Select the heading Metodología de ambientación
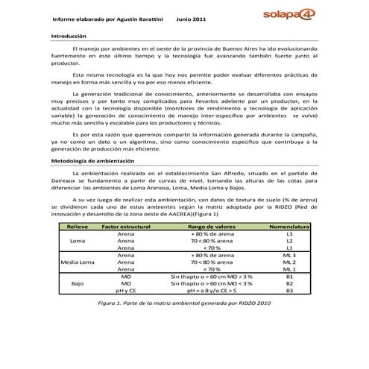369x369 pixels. tap(92, 161)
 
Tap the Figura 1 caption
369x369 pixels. tap(183, 304)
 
